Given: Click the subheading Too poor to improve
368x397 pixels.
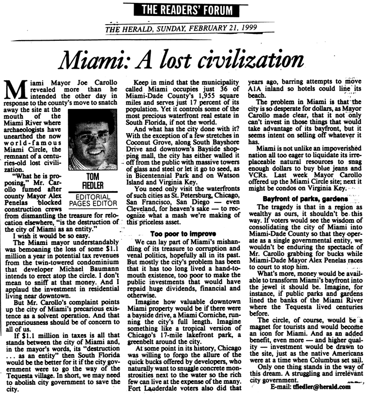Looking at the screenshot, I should click(x=183, y=234).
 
